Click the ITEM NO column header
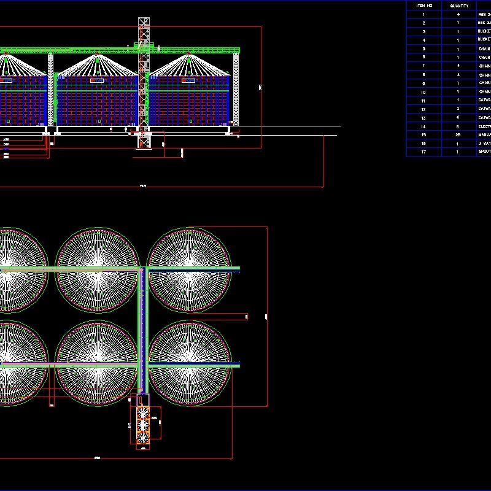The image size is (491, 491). point(424,6)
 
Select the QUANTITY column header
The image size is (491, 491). point(458,6)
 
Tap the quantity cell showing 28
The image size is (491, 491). point(458,134)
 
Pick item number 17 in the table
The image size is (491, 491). point(424,152)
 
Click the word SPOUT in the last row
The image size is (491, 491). point(484,152)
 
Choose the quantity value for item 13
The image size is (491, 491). point(458,117)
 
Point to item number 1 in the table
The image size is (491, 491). point(424,14)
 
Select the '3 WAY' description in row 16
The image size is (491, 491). point(484,143)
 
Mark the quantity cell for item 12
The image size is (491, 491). point(458,109)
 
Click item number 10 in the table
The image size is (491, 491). point(424,91)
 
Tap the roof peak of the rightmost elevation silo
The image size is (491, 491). point(188,56)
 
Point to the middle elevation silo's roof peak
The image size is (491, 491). point(97,56)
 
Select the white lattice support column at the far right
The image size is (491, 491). point(236,92)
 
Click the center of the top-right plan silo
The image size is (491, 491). point(189,269)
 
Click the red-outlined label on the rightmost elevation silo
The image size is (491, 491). point(188,80)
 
